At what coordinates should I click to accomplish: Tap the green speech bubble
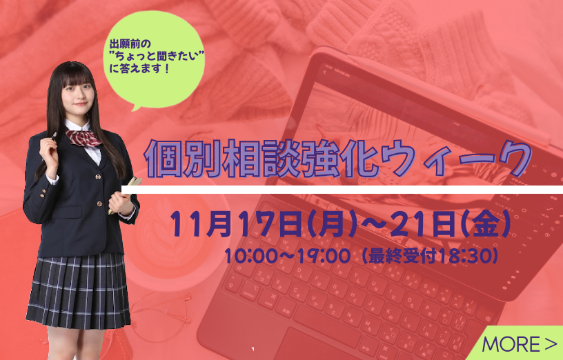(155, 59)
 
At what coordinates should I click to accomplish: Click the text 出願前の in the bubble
(130, 44)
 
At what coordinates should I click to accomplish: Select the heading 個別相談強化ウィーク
(338, 159)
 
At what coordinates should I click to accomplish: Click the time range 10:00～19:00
(287, 256)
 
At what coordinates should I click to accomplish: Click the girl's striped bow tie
(83, 138)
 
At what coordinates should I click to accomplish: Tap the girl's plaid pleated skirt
(79, 291)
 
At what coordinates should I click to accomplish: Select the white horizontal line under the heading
(342, 190)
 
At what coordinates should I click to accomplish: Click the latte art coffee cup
(172, 241)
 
